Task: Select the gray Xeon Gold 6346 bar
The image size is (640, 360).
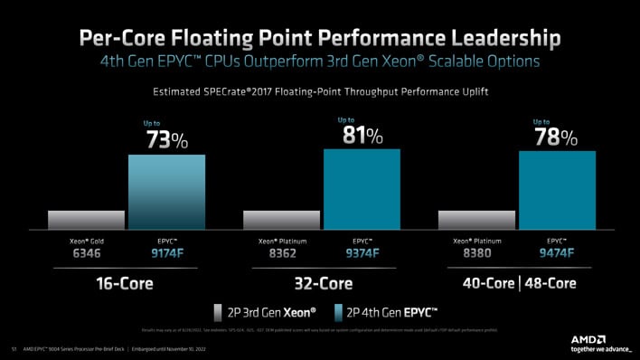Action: pyautogui.click(x=86, y=220)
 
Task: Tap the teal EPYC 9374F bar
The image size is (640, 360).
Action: pyautogui.click(x=362, y=189)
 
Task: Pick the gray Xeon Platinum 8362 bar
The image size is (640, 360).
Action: pyautogui.click(x=281, y=220)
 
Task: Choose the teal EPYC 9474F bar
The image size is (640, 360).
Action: pyautogui.click(x=557, y=190)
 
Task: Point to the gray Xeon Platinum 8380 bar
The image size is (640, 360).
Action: pyautogui.click(x=476, y=220)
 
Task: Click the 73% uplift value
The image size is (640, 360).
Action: pyautogui.click(x=167, y=141)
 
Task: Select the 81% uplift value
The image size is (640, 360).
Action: pyautogui.click(x=362, y=136)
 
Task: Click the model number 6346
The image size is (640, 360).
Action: pyautogui.click(x=86, y=256)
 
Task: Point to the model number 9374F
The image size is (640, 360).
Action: pyautogui.click(x=362, y=256)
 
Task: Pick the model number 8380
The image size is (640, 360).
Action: pyautogui.click(x=476, y=256)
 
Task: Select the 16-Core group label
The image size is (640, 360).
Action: pyautogui.click(x=125, y=283)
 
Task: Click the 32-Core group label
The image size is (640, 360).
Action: pyautogui.click(x=322, y=283)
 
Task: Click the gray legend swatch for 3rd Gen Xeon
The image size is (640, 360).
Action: pyautogui.click(x=218, y=313)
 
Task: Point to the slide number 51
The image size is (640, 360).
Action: pyautogui.click(x=14, y=347)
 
